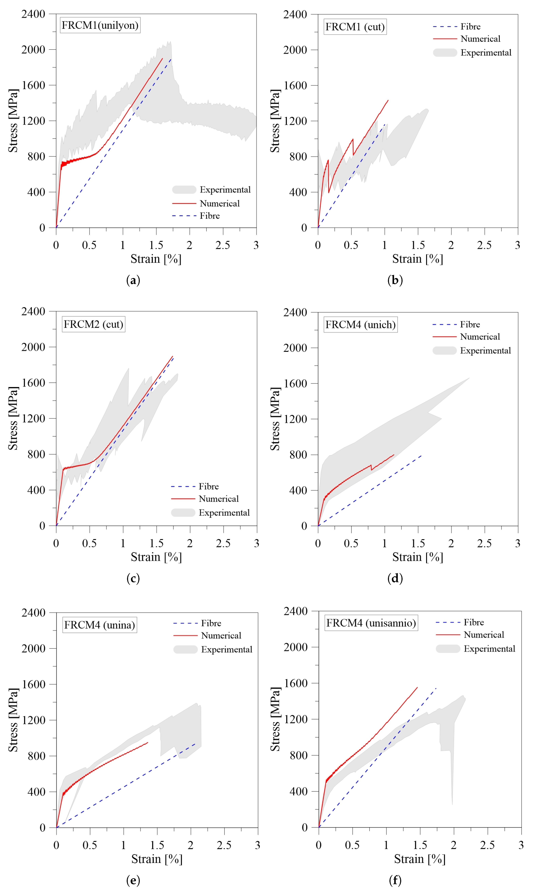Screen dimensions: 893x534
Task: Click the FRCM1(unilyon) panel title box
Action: pos(100,25)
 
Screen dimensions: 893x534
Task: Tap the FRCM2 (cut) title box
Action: pos(94,324)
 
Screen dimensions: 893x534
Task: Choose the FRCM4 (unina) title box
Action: pos(100,625)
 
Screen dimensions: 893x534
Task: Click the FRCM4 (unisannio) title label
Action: pos(371,623)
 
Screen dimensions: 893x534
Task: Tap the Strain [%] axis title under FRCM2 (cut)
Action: pos(156,557)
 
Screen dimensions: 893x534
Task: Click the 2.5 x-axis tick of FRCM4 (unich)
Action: pos(484,543)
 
